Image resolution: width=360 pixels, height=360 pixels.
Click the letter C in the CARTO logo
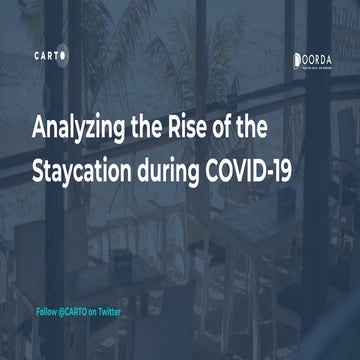35,56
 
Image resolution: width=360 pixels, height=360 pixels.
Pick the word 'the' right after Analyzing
152,129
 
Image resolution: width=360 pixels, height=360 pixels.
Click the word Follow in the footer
46,312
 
